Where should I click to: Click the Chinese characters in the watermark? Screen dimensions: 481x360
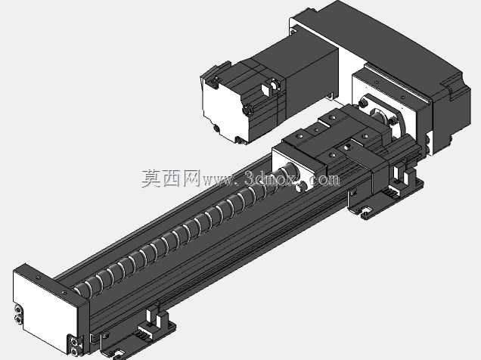(170, 178)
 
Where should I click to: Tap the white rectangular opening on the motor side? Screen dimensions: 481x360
(265, 89)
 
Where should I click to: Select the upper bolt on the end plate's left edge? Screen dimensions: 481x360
(18, 310)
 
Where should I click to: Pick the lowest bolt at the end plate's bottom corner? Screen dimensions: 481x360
(74, 351)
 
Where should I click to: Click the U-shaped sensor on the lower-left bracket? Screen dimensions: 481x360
(154, 318)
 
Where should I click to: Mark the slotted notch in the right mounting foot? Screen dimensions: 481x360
(366, 211)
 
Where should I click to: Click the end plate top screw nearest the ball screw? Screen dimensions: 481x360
(64, 292)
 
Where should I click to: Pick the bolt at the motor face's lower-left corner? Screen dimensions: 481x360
(216, 128)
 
